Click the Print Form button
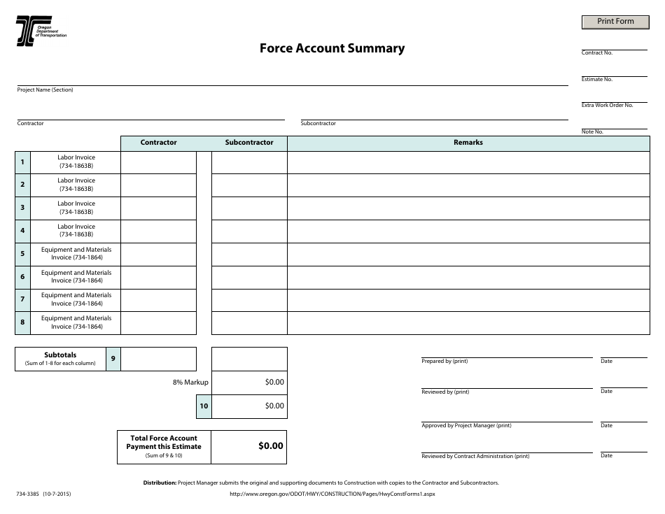pos(615,22)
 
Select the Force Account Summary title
pos(332,48)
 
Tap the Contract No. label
pos(597,53)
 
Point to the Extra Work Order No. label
pos(607,105)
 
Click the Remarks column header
pos(468,143)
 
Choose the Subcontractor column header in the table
pos(249,143)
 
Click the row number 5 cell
pos(22,254)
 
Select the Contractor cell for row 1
pos(158,162)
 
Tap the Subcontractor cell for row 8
pos(249,323)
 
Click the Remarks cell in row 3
pos(468,208)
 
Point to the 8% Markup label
pos(190,383)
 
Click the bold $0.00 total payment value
pos(271,446)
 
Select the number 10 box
pos(204,406)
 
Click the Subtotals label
pos(60,355)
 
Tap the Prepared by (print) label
pos(444,362)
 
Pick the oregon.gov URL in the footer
pos(332,494)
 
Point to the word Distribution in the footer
pos(160,483)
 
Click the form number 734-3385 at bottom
pos(27,494)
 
